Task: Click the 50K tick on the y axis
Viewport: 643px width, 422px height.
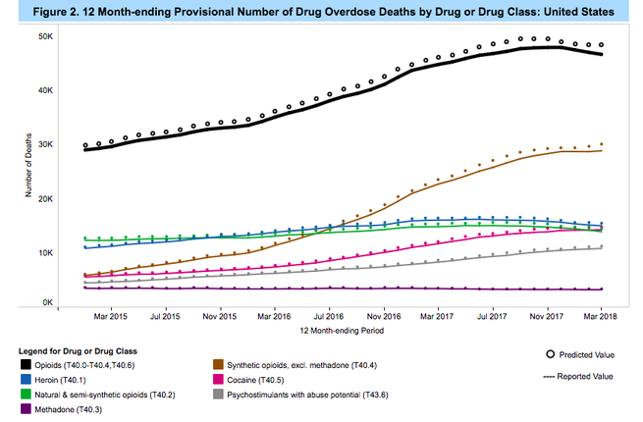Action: tap(45, 36)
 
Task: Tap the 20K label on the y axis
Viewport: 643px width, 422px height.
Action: tap(45, 198)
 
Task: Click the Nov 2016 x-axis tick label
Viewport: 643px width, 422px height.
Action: tap(384, 316)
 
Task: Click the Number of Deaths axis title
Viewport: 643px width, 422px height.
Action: tap(28, 170)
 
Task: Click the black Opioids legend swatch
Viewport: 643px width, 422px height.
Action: tap(24, 365)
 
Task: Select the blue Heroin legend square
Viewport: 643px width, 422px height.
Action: tap(24, 380)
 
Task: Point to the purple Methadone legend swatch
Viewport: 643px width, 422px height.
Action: tap(24, 409)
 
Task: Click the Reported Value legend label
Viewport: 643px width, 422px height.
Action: tap(593, 375)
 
